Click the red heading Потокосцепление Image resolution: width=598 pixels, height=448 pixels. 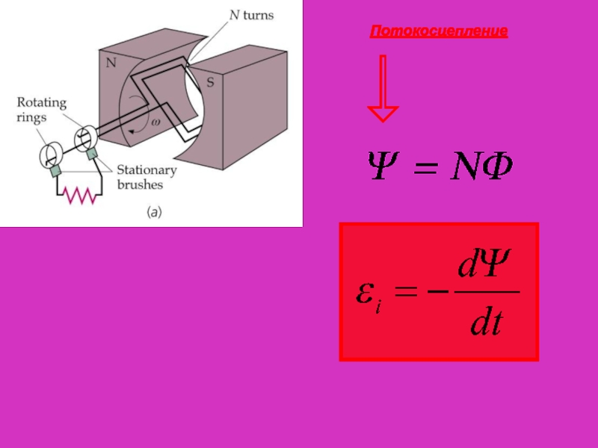[x=439, y=31]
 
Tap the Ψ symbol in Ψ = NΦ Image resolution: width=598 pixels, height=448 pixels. [x=383, y=168]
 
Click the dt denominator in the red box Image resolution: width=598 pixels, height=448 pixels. [x=485, y=324]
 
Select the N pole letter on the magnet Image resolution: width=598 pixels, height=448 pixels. [x=111, y=63]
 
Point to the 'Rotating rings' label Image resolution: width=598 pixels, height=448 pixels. [x=42, y=110]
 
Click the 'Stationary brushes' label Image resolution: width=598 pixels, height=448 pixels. [x=146, y=178]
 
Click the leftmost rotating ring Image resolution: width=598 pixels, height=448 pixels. [x=51, y=154]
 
